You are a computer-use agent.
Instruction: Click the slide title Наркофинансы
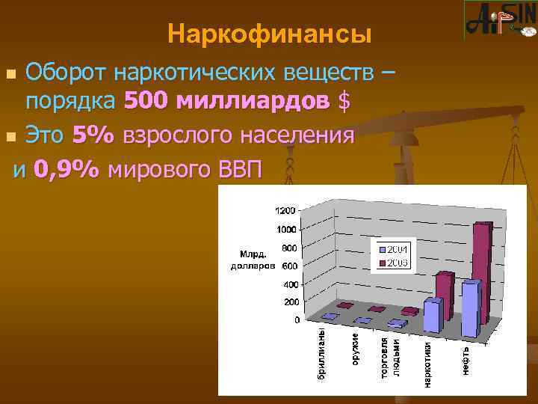click(x=270, y=34)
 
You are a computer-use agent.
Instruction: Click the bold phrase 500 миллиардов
click(x=227, y=100)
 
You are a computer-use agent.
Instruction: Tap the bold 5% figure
click(x=93, y=135)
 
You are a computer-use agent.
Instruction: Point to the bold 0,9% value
click(x=67, y=170)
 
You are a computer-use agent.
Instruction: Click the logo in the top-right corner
click(x=499, y=20)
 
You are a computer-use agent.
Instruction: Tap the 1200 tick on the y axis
click(x=286, y=210)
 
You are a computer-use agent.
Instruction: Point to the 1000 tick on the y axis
click(x=286, y=230)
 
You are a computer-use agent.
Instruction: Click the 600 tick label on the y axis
click(x=289, y=266)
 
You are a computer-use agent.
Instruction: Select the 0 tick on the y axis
click(x=297, y=320)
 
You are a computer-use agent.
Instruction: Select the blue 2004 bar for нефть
click(x=470, y=308)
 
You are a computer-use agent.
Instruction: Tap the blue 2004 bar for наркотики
click(x=433, y=314)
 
